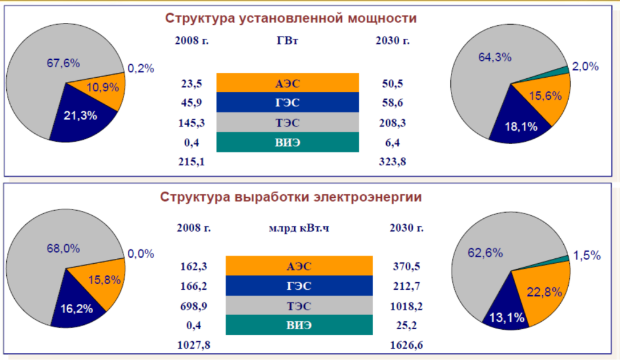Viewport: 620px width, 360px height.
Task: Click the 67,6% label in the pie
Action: [x=64, y=63]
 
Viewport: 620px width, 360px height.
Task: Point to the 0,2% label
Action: [x=141, y=68]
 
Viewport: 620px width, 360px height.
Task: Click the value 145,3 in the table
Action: [x=191, y=123]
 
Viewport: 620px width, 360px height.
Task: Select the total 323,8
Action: [x=392, y=162]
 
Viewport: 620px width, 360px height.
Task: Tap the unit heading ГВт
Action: [x=287, y=40]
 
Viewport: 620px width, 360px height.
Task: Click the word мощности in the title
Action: [x=382, y=18]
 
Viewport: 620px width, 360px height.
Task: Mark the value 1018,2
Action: [x=407, y=306]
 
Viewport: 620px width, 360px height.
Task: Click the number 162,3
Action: [x=194, y=266]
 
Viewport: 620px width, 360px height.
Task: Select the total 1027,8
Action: [x=194, y=345]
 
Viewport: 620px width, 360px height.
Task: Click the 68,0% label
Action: [x=64, y=248]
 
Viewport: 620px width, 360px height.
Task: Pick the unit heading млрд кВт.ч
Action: [x=299, y=228]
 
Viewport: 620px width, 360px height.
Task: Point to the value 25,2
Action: [x=407, y=325]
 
